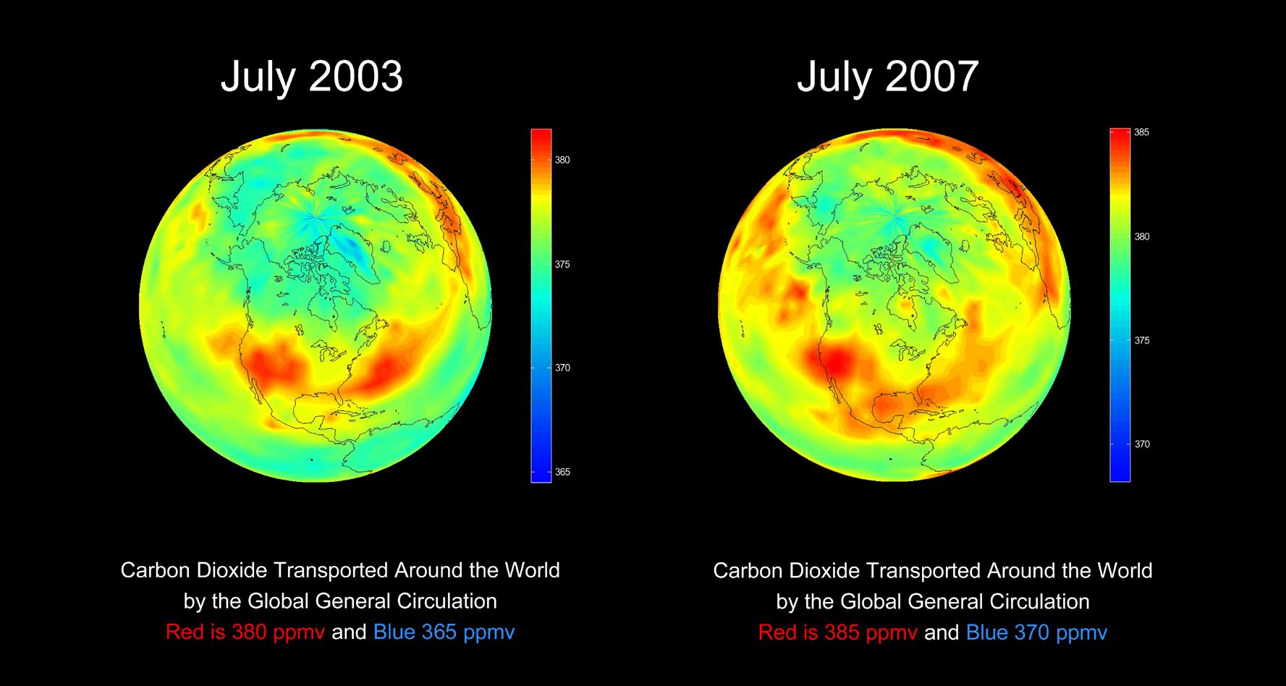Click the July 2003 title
point(311,77)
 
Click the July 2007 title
point(887,77)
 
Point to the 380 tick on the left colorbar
point(562,160)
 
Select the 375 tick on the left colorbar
point(562,264)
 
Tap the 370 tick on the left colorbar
point(562,368)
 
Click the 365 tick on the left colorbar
point(562,472)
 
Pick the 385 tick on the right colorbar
point(1141,132)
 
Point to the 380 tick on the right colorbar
point(1141,237)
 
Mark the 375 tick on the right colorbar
point(1141,340)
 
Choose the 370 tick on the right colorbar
point(1141,444)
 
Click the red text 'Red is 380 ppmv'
point(245,632)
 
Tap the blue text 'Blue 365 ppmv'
point(444,632)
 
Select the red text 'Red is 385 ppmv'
point(837,632)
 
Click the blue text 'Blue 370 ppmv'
point(1036,632)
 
